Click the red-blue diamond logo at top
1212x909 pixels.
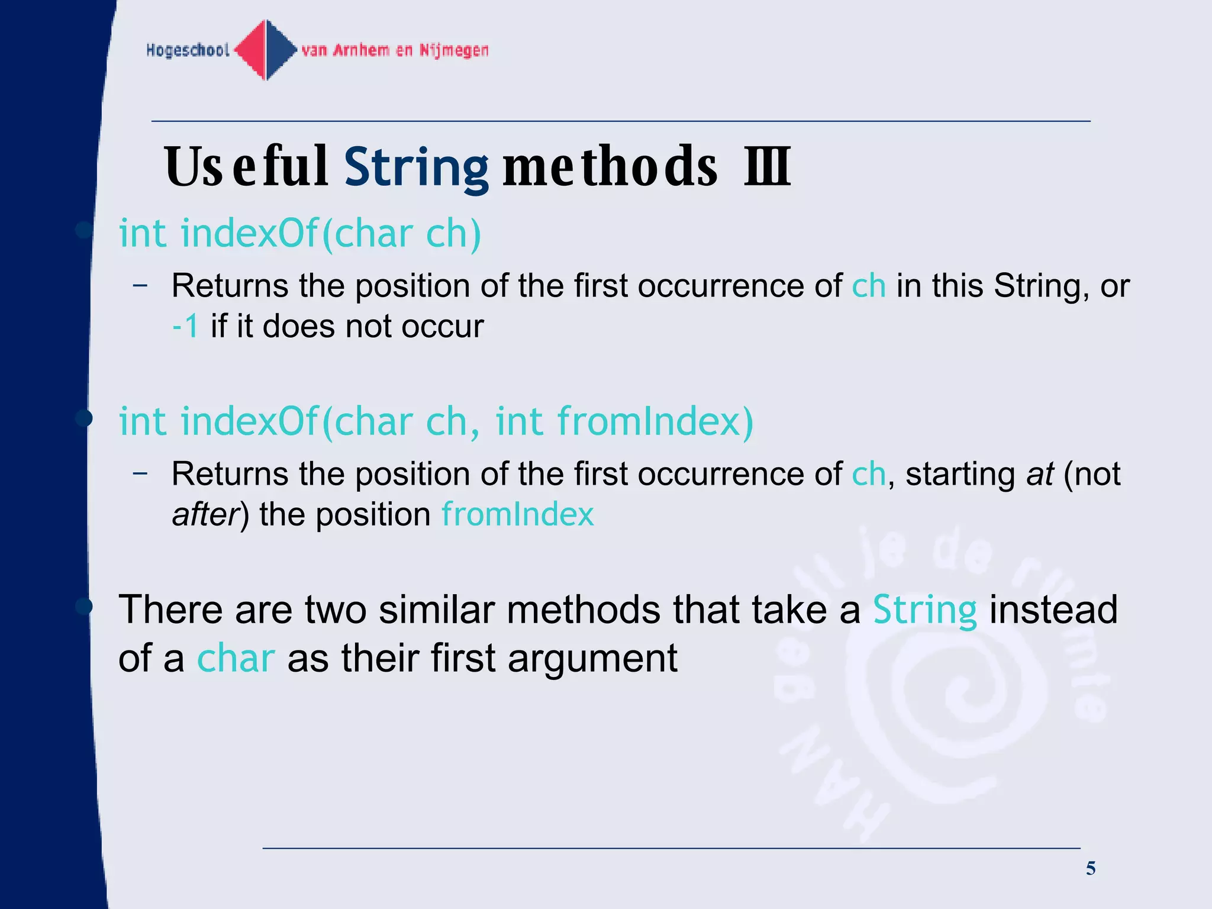click(266, 50)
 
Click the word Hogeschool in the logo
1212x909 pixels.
click(188, 50)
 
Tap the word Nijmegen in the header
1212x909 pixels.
click(454, 50)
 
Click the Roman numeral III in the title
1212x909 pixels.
click(768, 167)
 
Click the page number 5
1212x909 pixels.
click(1091, 869)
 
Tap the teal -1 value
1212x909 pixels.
click(185, 326)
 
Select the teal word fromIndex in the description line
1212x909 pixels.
click(517, 514)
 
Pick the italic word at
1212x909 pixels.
click(1040, 473)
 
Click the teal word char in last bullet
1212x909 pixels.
click(236, 658)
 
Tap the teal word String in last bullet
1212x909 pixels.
click(924, 610)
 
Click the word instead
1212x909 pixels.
click(1053, 610)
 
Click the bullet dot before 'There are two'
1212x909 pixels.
click(84, 606)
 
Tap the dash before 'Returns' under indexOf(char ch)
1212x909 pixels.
click(140, 285)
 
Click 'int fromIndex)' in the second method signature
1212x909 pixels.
click(624, 421)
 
